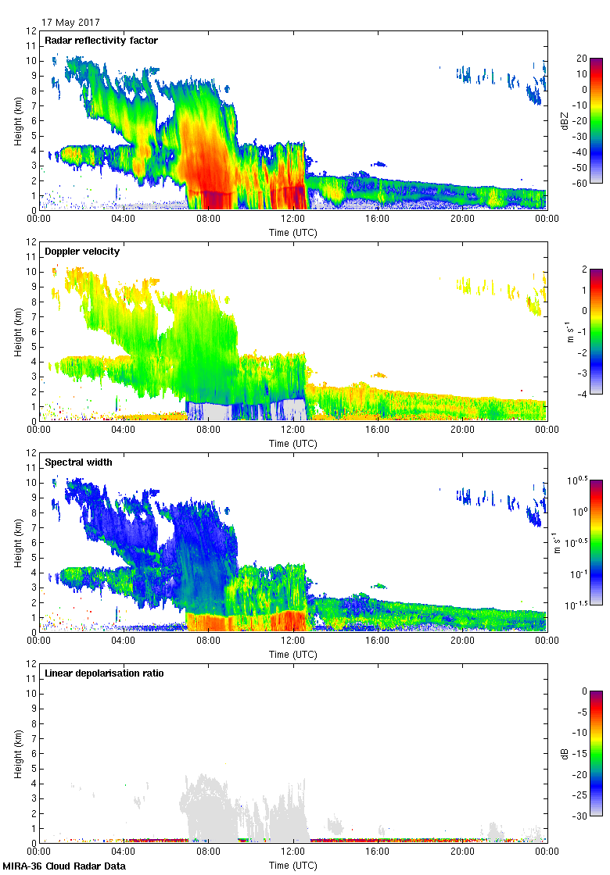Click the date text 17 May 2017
click(x=70, y=23)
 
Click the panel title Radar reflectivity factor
click(x=101, y=41)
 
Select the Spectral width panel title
click(x=78, y=462)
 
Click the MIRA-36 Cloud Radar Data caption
click(x=64, y=866)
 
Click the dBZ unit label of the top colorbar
click(x=563, y=120)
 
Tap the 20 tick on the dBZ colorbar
click(x=581, y=59)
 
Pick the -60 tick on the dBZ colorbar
click(x=583, y=183)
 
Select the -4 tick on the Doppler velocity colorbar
click(x=581, y=394)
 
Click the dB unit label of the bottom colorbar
click(x=563, y=752)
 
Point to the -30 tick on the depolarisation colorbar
click(x=583, y=816)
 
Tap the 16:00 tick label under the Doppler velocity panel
click(x=378, y=430)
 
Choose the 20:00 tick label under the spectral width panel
click(x=462, y=641)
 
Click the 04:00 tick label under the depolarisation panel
click(x=124, y=852)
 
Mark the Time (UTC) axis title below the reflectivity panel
click(x=292, y=232)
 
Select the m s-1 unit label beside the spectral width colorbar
click(x=558, y=541)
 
